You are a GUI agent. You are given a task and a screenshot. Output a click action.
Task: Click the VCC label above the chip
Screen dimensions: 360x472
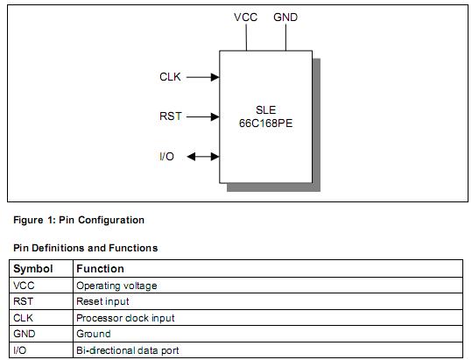pos(246,17)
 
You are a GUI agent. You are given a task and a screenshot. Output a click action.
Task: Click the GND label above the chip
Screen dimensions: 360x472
pos(285,17)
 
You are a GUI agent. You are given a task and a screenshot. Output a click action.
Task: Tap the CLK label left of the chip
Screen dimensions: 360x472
pos(170,77)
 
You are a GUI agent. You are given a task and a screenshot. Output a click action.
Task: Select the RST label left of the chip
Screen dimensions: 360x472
pos(170,116)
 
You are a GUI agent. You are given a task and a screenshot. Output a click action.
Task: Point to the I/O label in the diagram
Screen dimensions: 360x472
pos(166,157)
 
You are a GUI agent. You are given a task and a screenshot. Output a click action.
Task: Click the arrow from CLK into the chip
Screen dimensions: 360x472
pos(202,77)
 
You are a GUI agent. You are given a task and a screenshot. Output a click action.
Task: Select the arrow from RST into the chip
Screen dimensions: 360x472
pos(202,116)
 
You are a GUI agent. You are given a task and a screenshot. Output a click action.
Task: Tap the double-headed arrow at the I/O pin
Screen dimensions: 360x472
pos(202,157)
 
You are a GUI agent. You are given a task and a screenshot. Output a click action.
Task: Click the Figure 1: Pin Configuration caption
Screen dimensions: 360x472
pos(79,220)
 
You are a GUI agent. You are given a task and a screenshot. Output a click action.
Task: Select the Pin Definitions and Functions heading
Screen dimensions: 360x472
pos(86,248)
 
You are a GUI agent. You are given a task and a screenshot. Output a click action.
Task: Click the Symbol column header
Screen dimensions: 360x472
pos(33,269)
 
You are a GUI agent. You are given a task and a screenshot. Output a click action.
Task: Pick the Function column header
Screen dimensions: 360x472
pos(100,269)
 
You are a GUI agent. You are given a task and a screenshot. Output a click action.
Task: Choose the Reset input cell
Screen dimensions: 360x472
pos(102,301)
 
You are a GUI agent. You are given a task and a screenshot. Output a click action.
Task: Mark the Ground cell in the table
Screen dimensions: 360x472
pos(94,334)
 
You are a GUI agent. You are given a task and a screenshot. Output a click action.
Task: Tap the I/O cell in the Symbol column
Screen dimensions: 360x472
pos(21,350)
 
